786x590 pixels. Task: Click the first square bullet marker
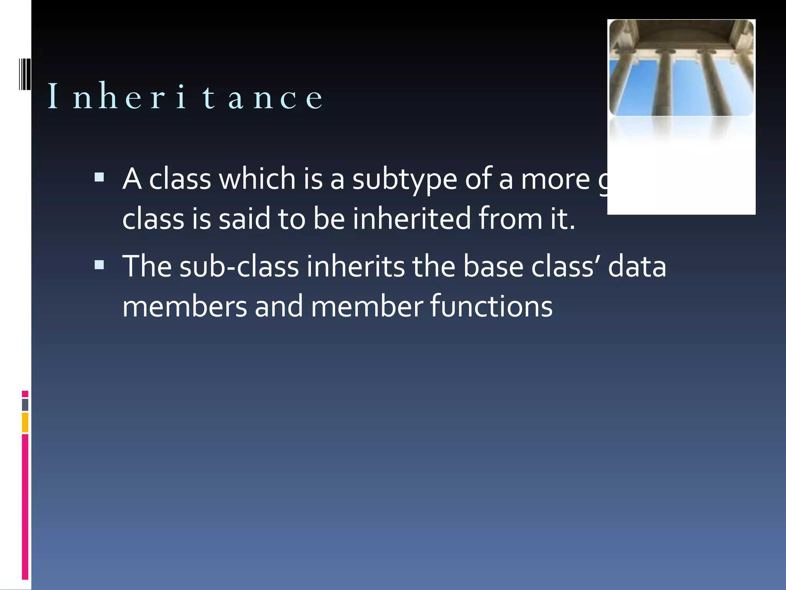tap(99, 177)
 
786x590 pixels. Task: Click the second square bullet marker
tap(99, 265)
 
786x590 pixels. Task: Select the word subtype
tap(405, 180)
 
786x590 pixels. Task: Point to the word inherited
tap(411, 219)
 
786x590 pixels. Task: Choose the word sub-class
tap(239, 267)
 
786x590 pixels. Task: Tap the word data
tap(637, 267)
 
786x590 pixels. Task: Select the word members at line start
tap(185, 307)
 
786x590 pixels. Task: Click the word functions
tap(491, 307)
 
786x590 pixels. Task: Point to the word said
tap(244, 219)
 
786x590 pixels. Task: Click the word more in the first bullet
tap(555, 180)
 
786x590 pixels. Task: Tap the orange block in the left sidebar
tap(25, 422)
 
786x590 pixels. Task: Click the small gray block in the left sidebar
tap(25, 404)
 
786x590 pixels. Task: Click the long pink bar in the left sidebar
tap(25, 506)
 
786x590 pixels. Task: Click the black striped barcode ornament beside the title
tap(25, 74)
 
